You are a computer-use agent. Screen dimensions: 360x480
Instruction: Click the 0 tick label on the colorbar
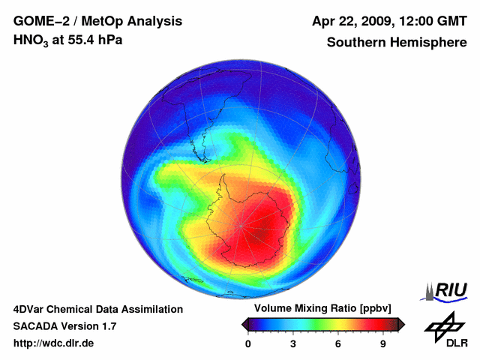tap(248, 344)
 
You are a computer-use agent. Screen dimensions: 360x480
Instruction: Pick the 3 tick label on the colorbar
tap(293, 344)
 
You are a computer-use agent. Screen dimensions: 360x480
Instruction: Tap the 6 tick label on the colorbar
tap(338, 344)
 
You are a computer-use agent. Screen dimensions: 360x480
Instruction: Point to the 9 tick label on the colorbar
tap(382, 344)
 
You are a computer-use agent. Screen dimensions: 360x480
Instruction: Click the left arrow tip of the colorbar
tap(244, 324)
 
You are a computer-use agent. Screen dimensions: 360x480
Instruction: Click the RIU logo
tap(448, 291)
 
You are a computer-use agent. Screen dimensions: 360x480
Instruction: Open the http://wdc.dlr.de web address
tap(54, 344)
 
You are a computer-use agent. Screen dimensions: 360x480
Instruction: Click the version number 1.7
tap(108, 326)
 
